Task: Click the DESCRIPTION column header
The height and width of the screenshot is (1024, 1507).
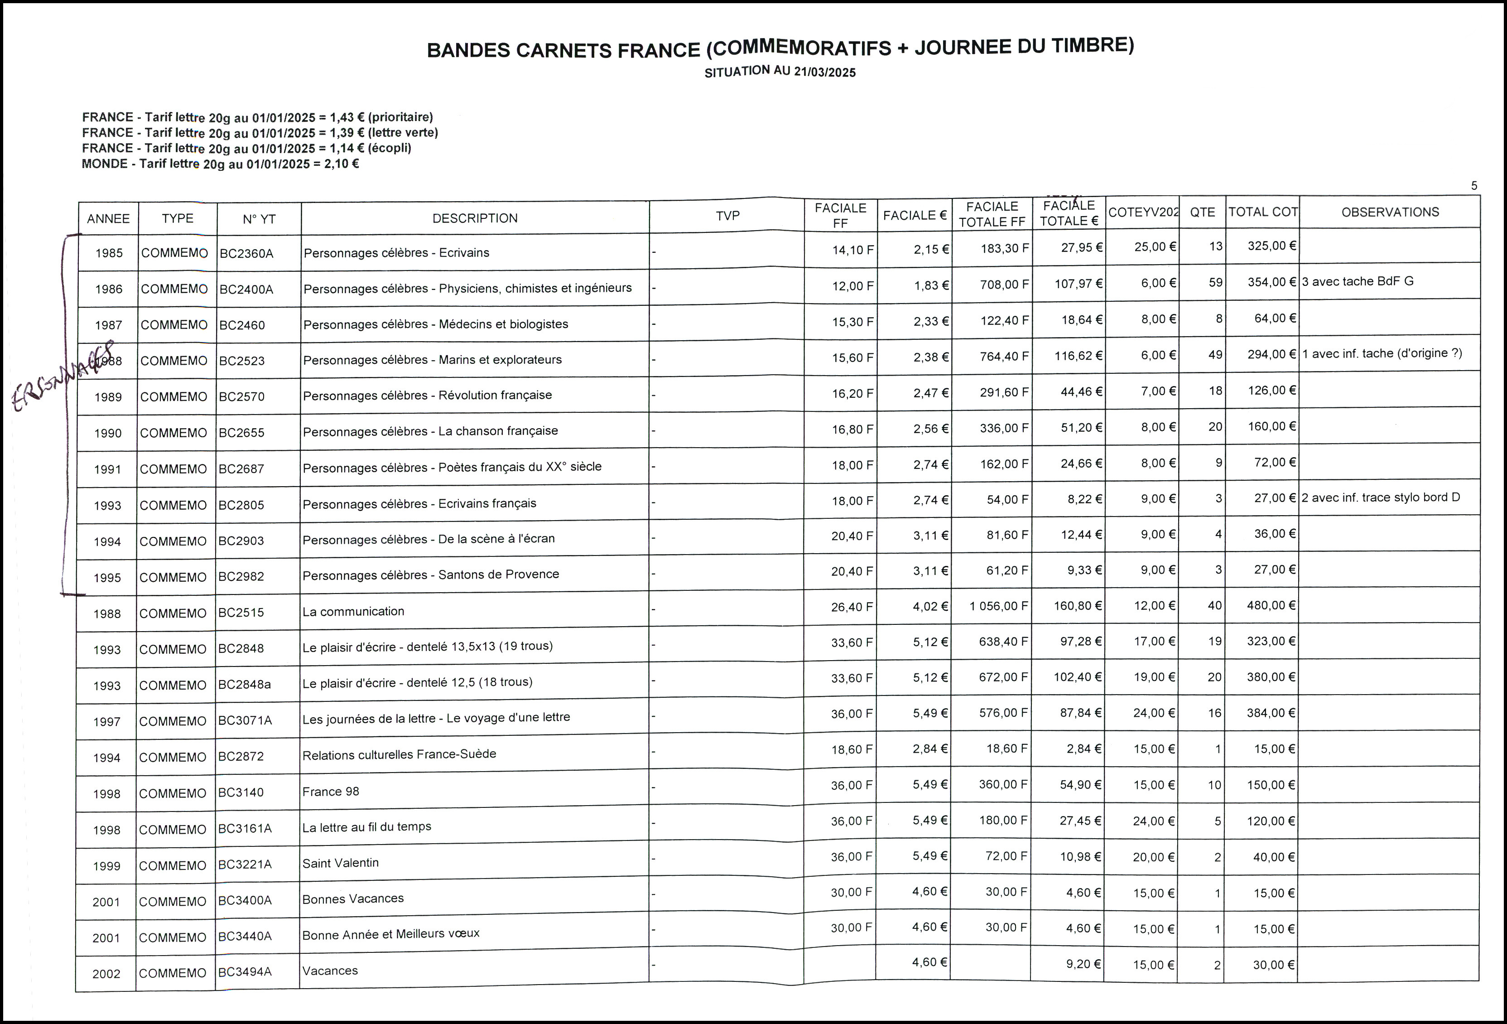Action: tap(475, 218)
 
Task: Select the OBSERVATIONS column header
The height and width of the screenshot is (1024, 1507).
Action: tap(1390, 212)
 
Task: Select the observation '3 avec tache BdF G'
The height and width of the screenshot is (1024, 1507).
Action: tap(1357, 281)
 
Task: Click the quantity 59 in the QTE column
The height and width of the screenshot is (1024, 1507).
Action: tap(1215, 283)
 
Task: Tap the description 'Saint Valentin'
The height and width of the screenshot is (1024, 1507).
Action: tap(341, 863)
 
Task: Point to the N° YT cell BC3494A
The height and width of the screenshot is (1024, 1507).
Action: tap(245, 971)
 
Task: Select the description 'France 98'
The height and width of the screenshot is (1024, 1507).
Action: tap(331, 791)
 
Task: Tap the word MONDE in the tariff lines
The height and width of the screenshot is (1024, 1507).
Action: tap(104, 164)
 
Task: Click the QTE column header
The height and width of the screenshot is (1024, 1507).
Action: tap(1202, 212)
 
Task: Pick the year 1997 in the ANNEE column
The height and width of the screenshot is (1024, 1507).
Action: tap(106, 722)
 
